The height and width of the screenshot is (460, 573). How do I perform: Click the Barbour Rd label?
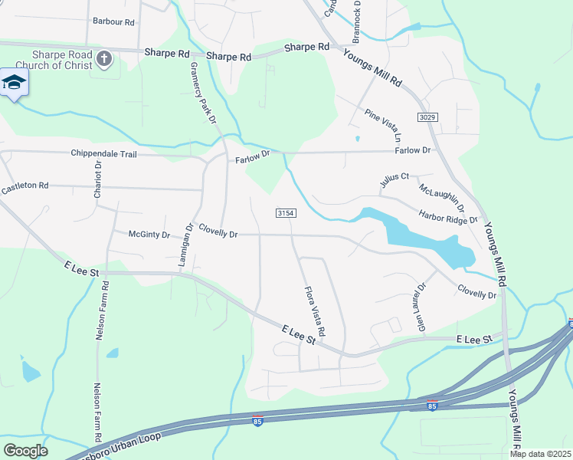[113, 21]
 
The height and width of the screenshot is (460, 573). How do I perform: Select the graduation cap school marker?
[14, 83]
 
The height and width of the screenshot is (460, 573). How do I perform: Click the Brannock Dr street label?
[356, 21]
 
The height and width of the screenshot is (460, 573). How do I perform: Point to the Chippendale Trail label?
[103, 154]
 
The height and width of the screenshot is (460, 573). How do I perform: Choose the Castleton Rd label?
[25, 186]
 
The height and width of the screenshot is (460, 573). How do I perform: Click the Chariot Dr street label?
[97, 180]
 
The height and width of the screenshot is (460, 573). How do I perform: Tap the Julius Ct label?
[395, 181]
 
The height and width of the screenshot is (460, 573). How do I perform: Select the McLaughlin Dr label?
[442, 198]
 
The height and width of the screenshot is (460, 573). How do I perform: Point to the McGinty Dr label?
[149, 235]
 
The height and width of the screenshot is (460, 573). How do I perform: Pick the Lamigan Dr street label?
[186, 245]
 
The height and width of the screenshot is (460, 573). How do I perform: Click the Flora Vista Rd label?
[315, 311]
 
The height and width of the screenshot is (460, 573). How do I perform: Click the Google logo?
[25, 450]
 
